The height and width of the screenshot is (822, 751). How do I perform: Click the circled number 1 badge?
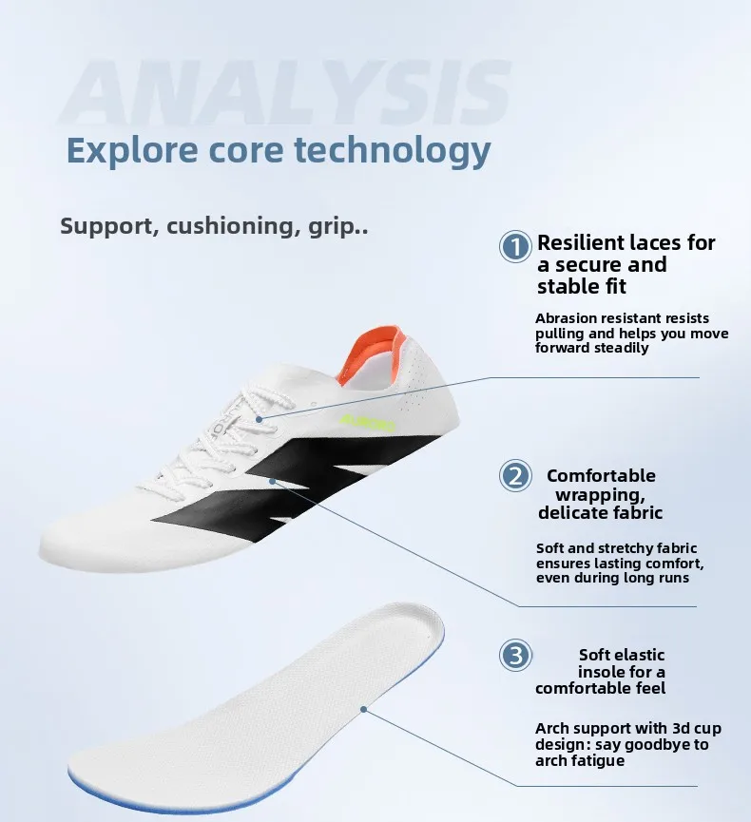(515, 246)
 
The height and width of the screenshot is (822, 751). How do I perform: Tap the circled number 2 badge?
(515, 475)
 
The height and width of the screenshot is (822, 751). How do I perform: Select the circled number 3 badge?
(515, 656)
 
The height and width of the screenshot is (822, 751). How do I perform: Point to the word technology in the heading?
(393, 151)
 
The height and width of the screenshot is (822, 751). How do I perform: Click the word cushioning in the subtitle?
(231, 226)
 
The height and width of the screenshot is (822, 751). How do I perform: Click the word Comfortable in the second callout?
(601, 475)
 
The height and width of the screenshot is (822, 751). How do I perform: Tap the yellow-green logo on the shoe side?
(367, 423)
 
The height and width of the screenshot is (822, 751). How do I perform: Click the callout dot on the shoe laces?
(260, 419)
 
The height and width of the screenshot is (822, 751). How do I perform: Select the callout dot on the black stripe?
(272, 480)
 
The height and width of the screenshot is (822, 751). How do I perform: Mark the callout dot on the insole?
(363, 709)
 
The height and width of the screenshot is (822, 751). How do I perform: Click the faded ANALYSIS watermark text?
(286, 93)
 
